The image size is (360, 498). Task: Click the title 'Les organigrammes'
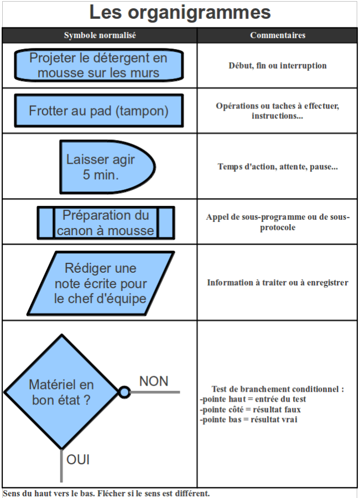[x=180, y=13]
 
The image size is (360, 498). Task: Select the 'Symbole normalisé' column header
[x=100, y=35]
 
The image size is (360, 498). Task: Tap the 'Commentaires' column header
[x=278, y=35]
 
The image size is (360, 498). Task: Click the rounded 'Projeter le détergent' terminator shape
[x=99, y=65]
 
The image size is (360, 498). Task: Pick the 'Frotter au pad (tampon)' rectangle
[x=99, y=111]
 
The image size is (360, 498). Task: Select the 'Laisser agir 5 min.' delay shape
[x=107, y=167]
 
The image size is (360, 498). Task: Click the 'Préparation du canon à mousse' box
[x=106, y=222]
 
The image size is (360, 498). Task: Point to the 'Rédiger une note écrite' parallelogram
[x=101, y=283]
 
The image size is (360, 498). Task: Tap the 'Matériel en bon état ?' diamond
[x=61, y=392]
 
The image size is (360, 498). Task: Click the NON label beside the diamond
[x=154, y=381]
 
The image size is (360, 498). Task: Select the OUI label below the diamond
[x=78, y=460]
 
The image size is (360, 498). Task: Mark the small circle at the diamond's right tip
[x=124, y=392]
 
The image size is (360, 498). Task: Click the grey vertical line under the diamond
[x=61, y=465]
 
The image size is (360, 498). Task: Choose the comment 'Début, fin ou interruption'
[x=278, y=65]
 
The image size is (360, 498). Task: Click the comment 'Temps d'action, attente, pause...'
[x=278, y=167]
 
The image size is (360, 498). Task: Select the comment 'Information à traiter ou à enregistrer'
[x=278, y=282]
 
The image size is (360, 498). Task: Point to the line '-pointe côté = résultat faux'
[x=250, y=409]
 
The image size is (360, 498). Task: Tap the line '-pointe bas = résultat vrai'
[x=249, y=419]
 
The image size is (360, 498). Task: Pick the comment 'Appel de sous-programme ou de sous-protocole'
[x=278, y=222]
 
